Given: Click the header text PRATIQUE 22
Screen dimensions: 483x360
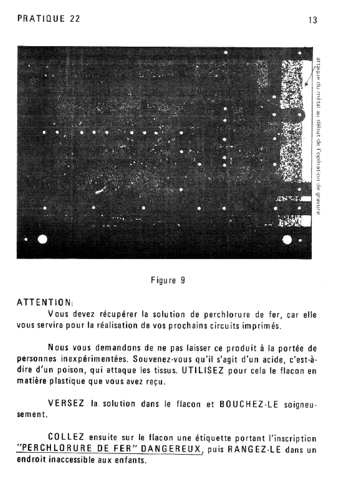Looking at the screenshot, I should (48, 19).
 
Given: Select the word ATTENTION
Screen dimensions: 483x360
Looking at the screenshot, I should (44, 301).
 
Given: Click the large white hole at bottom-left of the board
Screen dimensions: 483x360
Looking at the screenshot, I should (43, 239).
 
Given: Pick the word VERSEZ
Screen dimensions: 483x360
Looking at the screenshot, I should (66, 403).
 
